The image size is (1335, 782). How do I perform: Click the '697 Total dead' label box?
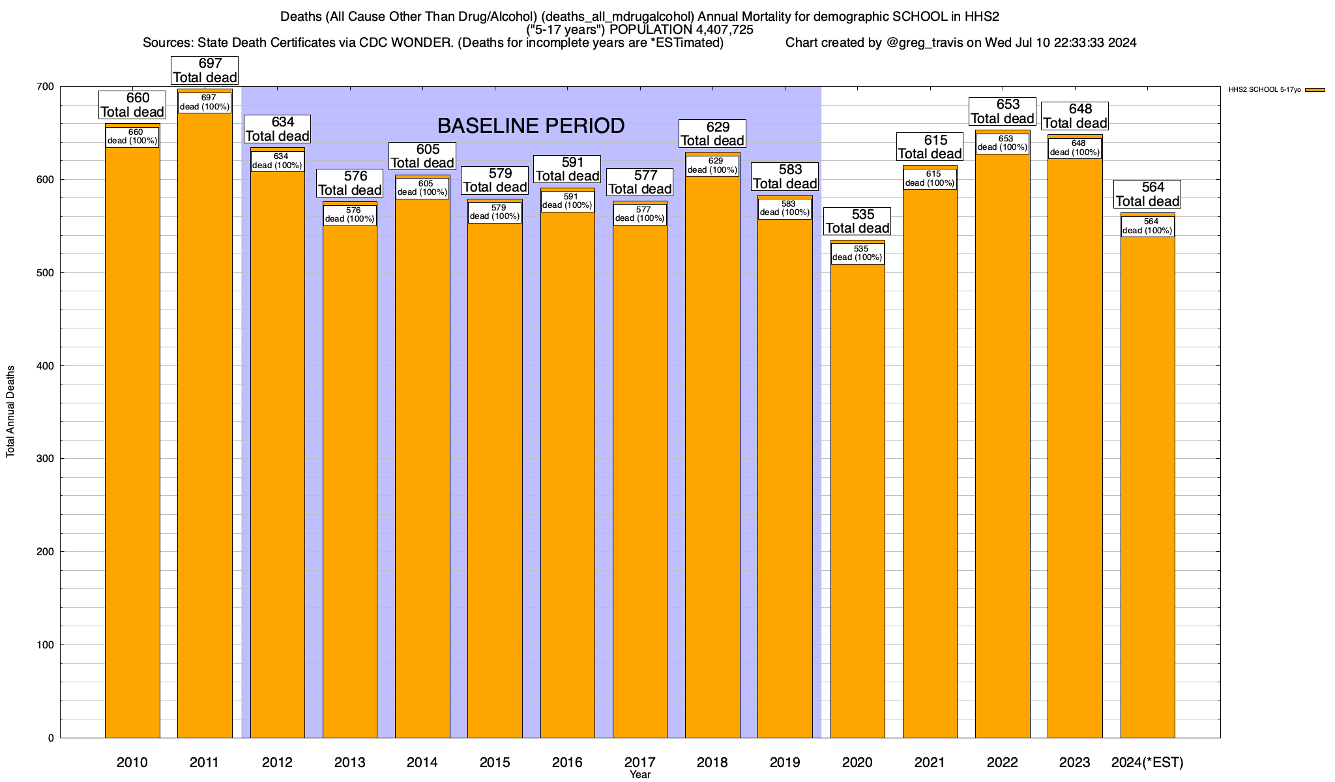click(x=205, y=70)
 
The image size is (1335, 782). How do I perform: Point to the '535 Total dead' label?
click(x=857, y=222)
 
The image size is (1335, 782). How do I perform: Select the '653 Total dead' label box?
click(x=1003, y=111)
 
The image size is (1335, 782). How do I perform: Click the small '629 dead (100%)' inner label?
click(x=712, y=166)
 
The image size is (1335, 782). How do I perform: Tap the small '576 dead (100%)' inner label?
click(x=350, y=214)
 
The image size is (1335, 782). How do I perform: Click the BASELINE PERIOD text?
click(x=531, y=126)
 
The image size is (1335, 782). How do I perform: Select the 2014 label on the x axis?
click(x=422, y=762)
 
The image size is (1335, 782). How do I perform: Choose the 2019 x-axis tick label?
click(x=785, y=762)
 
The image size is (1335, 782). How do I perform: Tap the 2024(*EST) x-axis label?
click(x=1147, y=762)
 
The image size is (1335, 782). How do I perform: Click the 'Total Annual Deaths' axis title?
click(x=10, y=411)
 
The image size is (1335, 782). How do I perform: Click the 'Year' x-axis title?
click(x=640, y=775)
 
